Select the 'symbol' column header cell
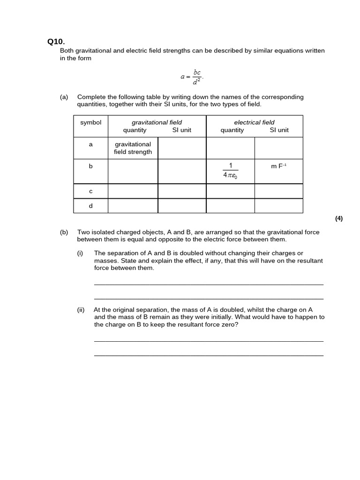pos(90,123)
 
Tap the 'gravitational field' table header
pos(157,122)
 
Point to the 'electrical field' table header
pos(254,122)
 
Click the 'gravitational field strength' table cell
pos(133,148)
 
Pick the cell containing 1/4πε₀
pos(231,171)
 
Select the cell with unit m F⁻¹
pos(278,166)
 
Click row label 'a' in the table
pos(90,144)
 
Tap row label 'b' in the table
pos(90,166)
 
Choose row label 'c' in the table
pos(90,191)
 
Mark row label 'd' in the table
pos(90,205)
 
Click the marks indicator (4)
pos(339,218)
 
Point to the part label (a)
pos(64,97)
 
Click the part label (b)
pos(64,232)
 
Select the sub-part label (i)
pos(80,253)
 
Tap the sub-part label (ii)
pos(81,310)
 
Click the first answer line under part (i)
pos(209,284)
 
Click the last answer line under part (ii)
pos(209,355)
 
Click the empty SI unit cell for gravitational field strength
pos(182,148)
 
